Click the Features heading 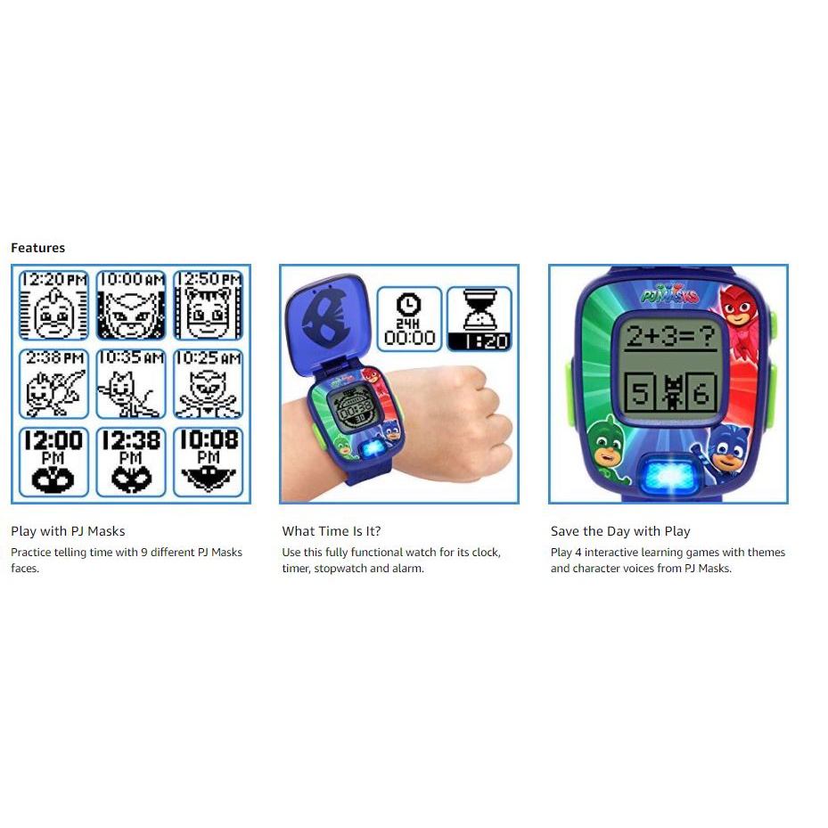38,248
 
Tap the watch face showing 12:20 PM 53,305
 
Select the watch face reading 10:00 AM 131,305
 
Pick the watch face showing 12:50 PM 209,305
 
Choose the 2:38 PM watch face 53,384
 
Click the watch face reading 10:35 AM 131,384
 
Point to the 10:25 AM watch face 209,384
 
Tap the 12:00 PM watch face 53,462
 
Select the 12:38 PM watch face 131,462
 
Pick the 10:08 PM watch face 209,462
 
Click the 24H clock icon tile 409,319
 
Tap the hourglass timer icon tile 480,319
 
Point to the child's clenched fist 464,417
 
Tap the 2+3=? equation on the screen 670,336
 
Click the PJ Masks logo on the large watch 669,293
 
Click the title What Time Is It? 331,531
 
